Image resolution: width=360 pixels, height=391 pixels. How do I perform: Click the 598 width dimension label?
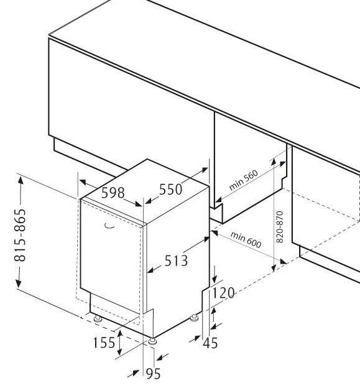tap(113, 193)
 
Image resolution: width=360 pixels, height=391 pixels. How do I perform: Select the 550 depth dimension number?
tap(171, 189)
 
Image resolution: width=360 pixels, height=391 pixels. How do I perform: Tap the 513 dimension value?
tap(176, 261)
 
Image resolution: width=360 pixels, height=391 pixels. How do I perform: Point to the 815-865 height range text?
tap(20, 235)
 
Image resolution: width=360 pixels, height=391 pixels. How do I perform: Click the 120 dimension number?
tap(223, 293)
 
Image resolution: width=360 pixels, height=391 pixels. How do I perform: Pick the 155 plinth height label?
tap(104, 343)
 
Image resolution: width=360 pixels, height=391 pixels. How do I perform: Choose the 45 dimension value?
tap(210, 343)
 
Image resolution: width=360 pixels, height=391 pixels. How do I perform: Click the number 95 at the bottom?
tap(153, 374)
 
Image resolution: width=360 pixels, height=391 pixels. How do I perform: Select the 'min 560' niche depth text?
tap(243, 180)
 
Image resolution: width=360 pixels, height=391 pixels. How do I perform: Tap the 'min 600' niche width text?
tap(246, 240)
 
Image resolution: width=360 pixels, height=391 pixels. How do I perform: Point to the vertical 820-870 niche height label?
tap(280, 227)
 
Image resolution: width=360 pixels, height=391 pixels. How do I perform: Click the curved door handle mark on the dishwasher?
tap(109, 226)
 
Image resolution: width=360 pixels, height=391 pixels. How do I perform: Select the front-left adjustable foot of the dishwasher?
tap(98, 319)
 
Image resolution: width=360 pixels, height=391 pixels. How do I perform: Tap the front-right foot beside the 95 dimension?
tap(152, 342)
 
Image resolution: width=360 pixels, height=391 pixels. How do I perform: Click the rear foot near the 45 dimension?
tap(194, 318)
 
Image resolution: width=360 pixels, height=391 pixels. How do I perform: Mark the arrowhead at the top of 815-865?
tap(21, 180)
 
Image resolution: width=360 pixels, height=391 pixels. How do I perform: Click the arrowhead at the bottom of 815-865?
tap(19, 283)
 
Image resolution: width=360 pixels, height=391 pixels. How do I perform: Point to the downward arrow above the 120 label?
tap(214, 274)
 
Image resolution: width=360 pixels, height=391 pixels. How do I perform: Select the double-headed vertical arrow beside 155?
tap(120, 343)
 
